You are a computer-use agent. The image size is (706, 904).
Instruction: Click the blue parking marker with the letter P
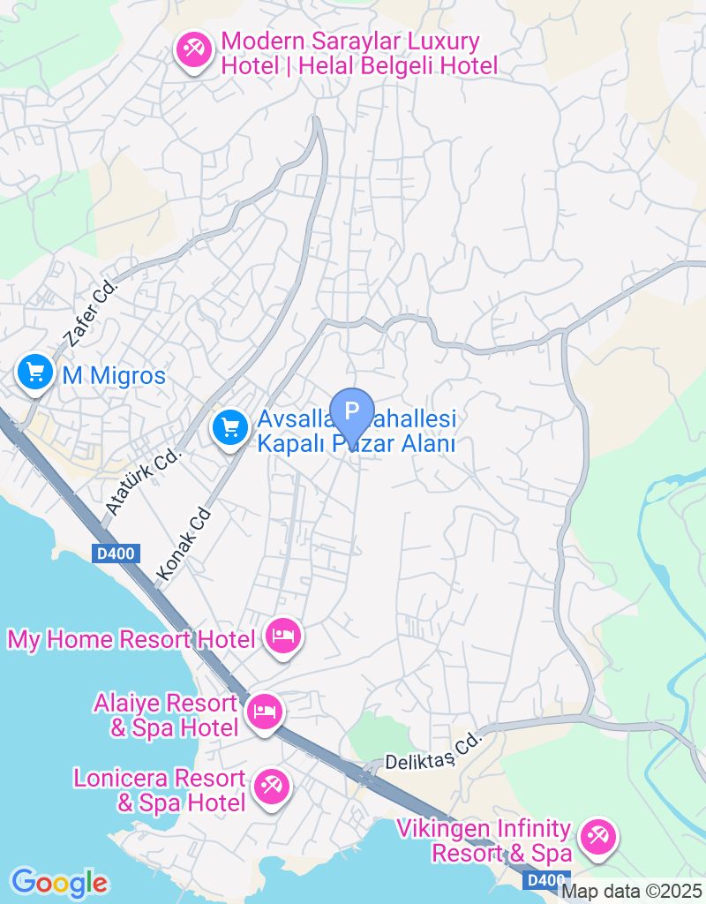click(x=352, y=411)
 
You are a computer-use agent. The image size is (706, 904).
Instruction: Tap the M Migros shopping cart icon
click(x=35, y=372)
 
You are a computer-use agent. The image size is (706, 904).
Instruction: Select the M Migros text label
click(x=114, y=376)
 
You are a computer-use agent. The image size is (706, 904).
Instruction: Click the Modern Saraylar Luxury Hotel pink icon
click(x=192, y=49)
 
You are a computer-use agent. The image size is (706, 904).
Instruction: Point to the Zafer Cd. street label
click(x=90, y=312)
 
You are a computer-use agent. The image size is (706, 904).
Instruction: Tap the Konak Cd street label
click(x=184, y=544)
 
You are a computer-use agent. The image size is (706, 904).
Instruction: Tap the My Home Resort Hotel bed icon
click(x=282, y=636)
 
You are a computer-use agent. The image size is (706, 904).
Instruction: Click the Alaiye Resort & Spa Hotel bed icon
click(x=263, y=711)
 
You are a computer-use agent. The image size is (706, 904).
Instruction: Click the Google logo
click(x=59, y=882)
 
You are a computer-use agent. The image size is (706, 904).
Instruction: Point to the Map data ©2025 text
click(x=632, y=892)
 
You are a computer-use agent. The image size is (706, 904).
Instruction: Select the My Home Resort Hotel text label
click(x=131, y=639)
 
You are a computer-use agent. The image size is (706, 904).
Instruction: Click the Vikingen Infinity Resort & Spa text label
click(x=484, y=841)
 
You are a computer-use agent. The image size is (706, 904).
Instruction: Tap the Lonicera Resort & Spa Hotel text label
click(x=159, y=790)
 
